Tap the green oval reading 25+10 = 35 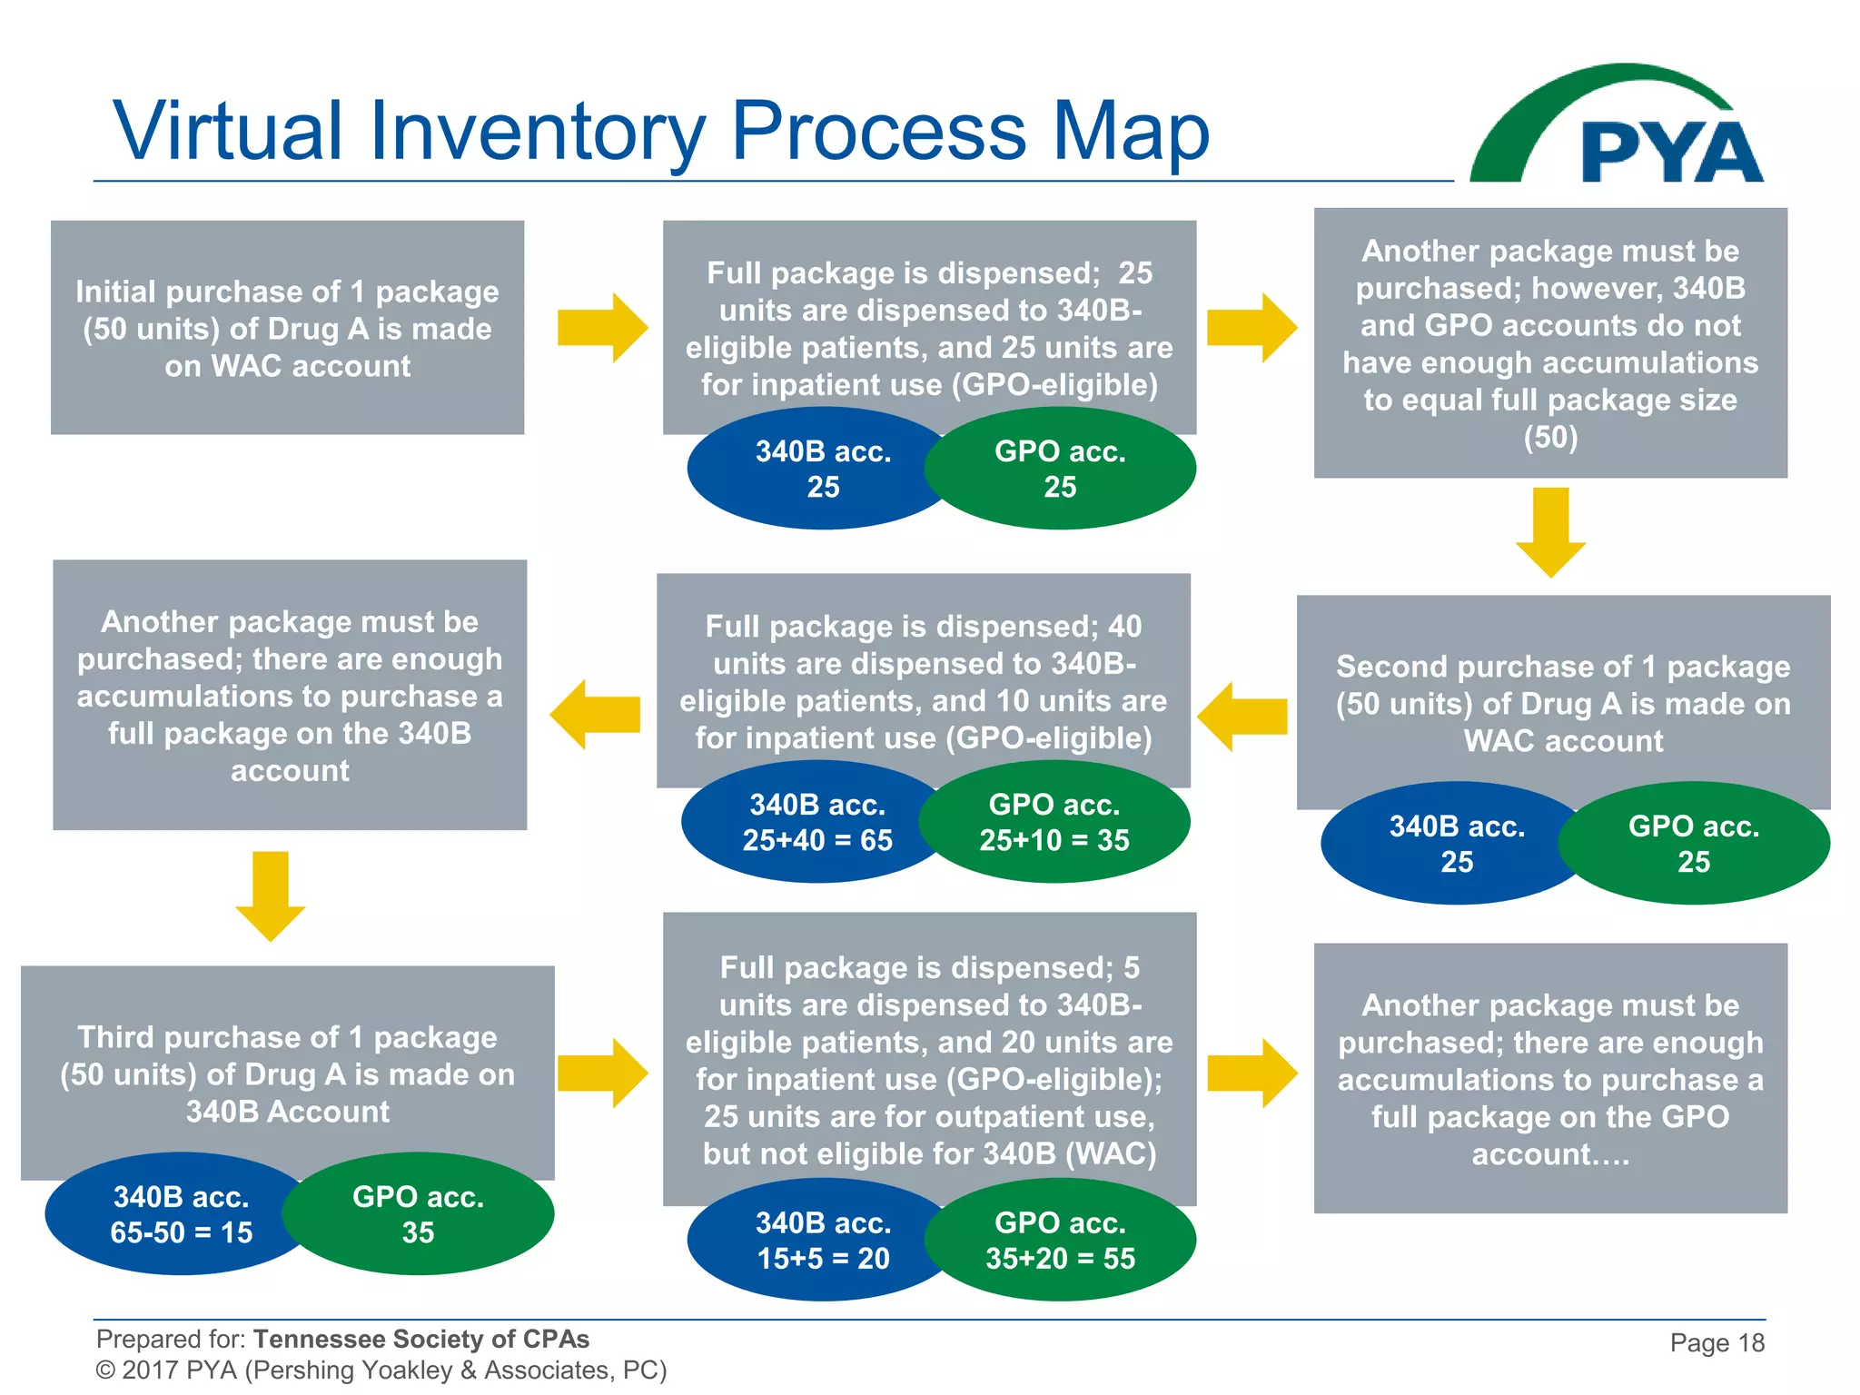point(1054,822)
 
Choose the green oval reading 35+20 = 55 point(1060,1241)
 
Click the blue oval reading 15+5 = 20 point(822,1241)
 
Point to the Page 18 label point(1717,1342)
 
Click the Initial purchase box point(287,328)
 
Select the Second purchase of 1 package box point(1563,703)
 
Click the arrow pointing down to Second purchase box point(1550,531)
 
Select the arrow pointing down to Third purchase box point(270,895)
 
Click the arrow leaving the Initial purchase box point(602,328)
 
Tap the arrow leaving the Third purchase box point(602,1073)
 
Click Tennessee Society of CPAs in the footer point(420,1339)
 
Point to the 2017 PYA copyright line point(381,1370)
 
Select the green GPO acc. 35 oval point(418,1214)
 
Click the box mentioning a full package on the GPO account point(1550,1078)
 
